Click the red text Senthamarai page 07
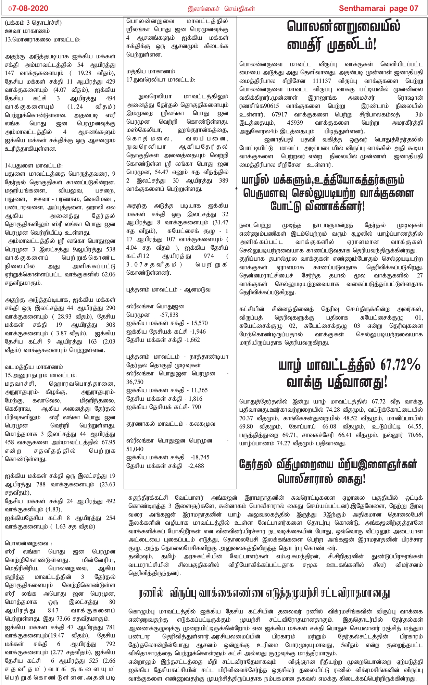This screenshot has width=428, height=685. (378, 9)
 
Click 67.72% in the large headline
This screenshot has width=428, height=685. (400, 365)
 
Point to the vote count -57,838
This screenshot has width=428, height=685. (169, 315)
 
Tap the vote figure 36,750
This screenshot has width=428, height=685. (135, 382)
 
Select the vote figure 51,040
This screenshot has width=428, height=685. (135, 449)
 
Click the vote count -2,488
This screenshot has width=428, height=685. (196, 466)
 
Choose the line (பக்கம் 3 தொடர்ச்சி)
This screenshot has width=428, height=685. (33, 23)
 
